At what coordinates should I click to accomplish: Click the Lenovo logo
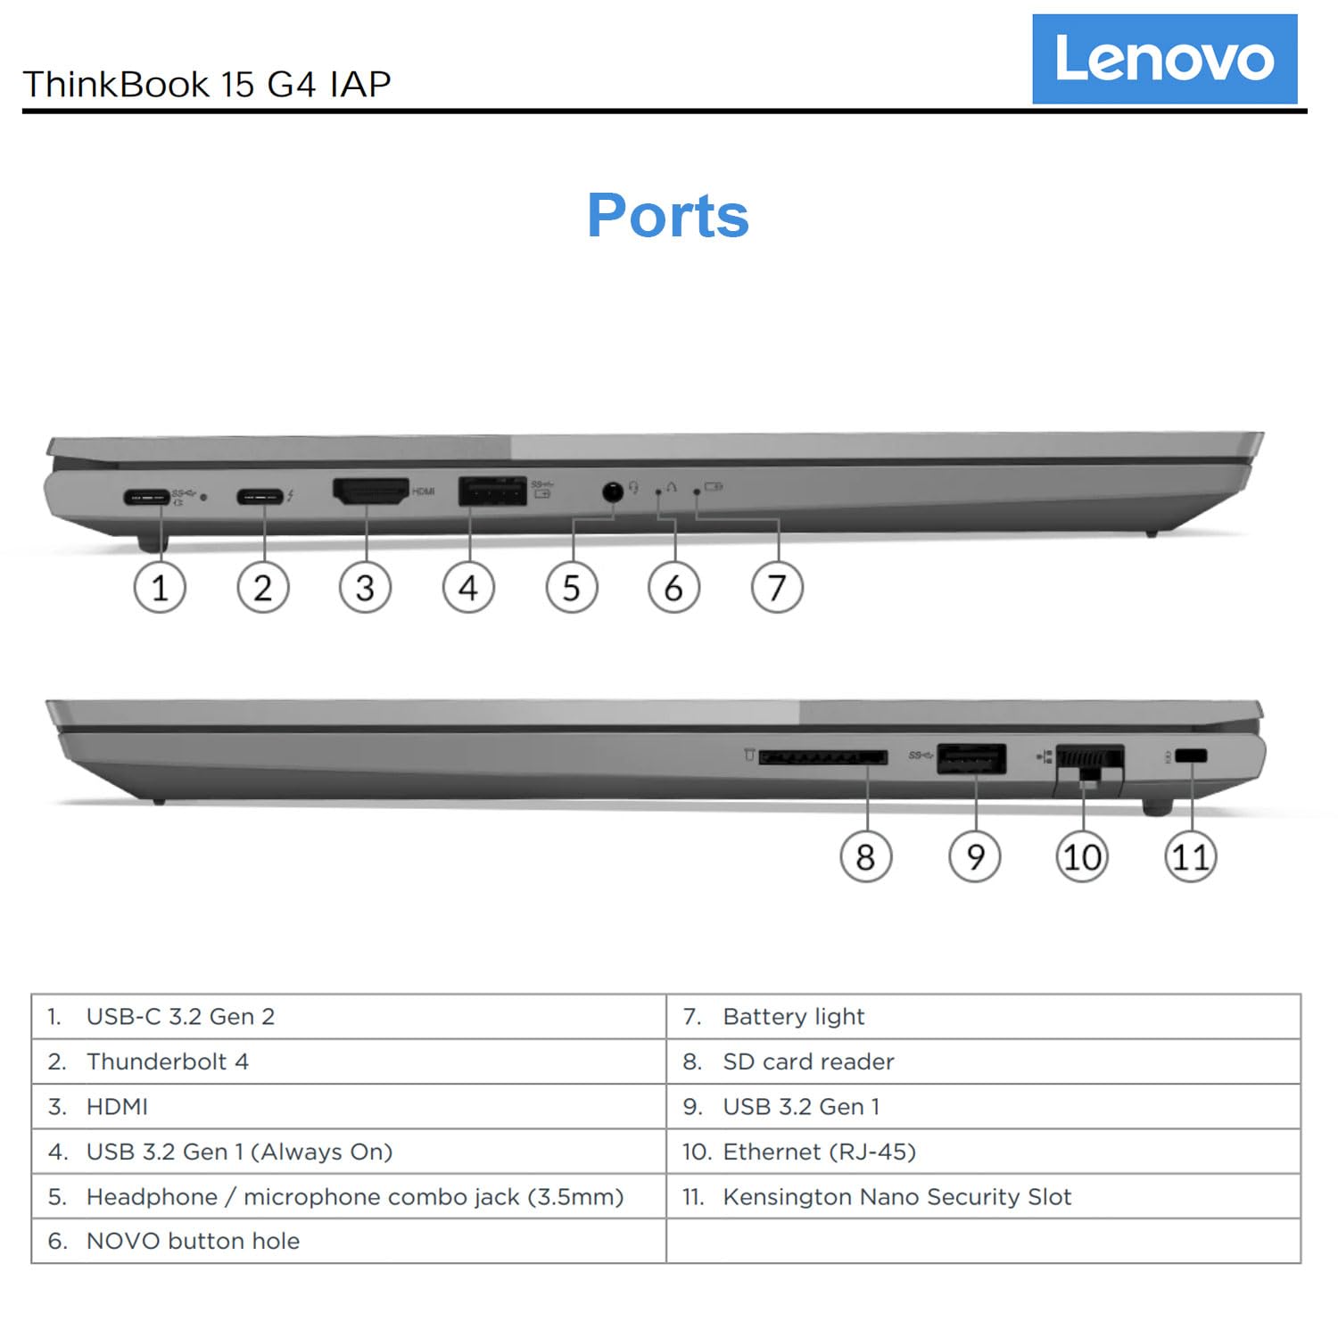click(1164, 59)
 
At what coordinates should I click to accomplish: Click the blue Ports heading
click(668, 216)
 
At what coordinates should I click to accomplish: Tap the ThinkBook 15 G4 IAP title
click(207, 84)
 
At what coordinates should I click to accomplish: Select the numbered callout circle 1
click(160, 588)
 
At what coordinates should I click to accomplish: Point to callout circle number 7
click(777, 588)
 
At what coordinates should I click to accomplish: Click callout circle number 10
click(1082, 857)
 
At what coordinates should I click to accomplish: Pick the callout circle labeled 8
click(865, 857)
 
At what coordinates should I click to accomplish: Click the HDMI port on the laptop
click(370, 491)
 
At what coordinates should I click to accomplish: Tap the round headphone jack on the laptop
click(612, 491)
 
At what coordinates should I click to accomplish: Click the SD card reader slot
click(822, 757)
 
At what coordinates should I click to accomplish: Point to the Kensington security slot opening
click(1191, 756)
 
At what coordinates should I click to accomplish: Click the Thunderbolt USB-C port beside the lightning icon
click(260, 496)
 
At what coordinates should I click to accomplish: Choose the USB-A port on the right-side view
click(971, 758)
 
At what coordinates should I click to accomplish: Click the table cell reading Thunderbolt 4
click(167, 1061)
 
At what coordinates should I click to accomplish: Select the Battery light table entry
click(793, 1017)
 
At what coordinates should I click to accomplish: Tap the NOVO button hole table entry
click(193, 1241)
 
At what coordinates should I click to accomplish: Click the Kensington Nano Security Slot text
click(896, 1196)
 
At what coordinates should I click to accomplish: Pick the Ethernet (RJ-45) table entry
click(819, 1152)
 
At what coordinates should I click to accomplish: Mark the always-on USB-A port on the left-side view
click(491, 491)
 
